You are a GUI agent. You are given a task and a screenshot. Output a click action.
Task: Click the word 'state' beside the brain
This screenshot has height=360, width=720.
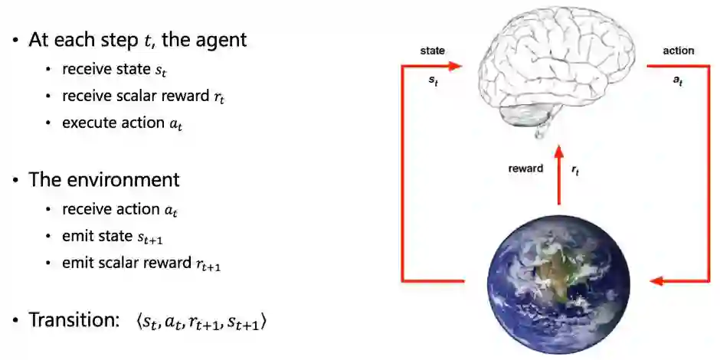pyautogui.click(x=433, y=51)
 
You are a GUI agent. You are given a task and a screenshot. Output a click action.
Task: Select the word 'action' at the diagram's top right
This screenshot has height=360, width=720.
pyautogui.click(x=678, y=51)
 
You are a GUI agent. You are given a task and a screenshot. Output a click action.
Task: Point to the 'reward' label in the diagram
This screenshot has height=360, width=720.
pyautogui.click(x=526, y=169)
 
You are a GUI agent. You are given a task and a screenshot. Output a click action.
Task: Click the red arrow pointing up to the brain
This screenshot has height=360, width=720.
pyautogui.click(x=558, y=172)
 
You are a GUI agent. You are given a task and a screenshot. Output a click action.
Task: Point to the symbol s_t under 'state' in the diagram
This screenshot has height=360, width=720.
pyautogui.click(x=434, y=79)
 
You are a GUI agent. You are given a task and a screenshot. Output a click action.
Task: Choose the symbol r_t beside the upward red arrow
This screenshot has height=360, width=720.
pyautogui.click(x=576, y=171)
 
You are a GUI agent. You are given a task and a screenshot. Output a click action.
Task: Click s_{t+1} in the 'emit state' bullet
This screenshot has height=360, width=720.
pyautogui.click(x=149, y=237)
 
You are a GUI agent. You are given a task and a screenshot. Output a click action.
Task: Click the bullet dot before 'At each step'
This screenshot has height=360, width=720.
pyautogui.click(x=15, y=41)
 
